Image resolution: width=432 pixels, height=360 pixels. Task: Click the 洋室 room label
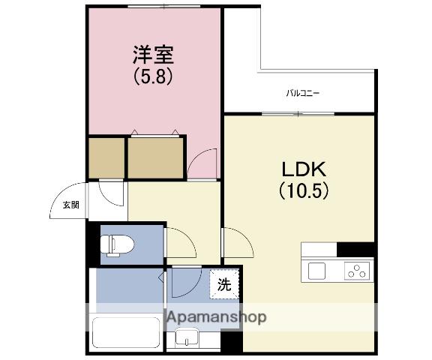(x=154, y=54)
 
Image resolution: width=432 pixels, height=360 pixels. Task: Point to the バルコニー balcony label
(x=303, y=94)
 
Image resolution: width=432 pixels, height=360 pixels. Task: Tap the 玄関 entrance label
(x=70, y=204)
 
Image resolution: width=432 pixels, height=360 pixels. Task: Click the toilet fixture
(x=118, y=244)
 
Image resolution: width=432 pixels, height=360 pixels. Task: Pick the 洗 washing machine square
(x=225, y=285)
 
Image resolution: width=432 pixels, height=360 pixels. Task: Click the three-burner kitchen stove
(x=358, y=270)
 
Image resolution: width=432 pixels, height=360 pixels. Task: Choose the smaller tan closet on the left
(x=105, y=157)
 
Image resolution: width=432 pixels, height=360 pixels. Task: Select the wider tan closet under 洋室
(x=155, y=157)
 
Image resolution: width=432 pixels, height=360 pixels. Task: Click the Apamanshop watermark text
(x=216, y=317)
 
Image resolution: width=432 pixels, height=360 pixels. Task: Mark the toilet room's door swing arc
(x=180, y=244)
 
